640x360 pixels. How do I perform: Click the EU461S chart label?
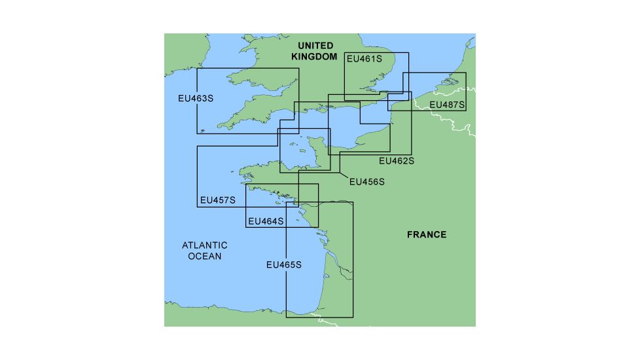[363, 59]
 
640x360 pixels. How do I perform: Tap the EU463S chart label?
[196, 98]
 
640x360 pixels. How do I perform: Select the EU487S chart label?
[447, 105]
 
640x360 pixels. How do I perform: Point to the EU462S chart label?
[396, 160]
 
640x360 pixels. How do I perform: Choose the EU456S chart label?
[367, 181]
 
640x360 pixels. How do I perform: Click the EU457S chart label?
[218, 200]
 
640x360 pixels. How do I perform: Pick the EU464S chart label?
[266, 221]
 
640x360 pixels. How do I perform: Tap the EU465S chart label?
[284, 265]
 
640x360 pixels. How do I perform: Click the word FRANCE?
[427, 234]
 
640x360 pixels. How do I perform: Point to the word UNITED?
[315, 46]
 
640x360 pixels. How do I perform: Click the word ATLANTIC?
[205, 245]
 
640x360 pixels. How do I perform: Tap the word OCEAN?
[205, 256]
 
